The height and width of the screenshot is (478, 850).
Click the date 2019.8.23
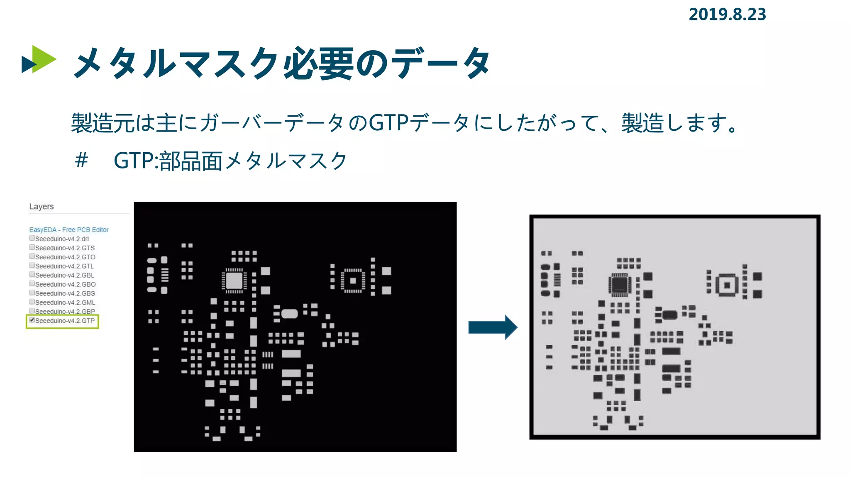[x=727, y=15]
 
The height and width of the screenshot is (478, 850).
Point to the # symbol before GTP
[x=82, y=160]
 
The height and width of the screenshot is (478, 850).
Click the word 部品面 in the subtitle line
[x=191, y=161]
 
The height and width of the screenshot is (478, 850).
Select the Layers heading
[x=42, y=206]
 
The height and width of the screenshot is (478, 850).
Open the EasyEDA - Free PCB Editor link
[x=68, y=229]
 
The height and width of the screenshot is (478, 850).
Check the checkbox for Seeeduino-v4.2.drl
[x=32, y=238]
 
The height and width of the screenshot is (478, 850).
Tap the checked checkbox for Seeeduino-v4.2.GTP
[x=32, y=320]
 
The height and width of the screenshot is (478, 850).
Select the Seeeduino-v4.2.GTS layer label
[x=65, y=248]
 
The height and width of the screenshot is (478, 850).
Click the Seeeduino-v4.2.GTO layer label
[x=65, y=257]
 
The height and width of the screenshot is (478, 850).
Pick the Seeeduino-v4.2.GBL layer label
[x=64, y=275]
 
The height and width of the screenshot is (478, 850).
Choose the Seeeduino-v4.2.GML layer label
[x=65, y=302]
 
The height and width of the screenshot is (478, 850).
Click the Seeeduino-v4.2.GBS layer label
[x=65, y=293]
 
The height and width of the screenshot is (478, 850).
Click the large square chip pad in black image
[x=234, y=281]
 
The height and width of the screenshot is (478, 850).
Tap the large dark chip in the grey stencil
[x=620, y=285]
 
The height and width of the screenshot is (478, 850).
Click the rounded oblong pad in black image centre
[x=290, y=314]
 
